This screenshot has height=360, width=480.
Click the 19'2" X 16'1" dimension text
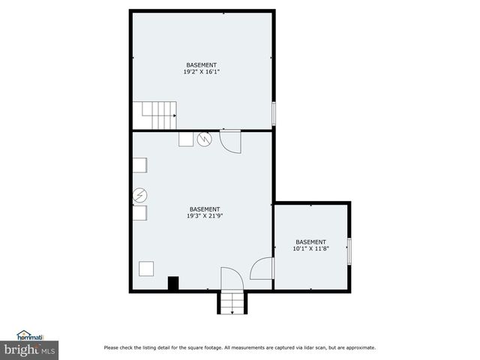202,72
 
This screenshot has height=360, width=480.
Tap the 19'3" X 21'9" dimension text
204,216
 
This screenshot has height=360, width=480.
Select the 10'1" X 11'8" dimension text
310,249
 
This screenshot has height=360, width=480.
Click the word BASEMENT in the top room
202,65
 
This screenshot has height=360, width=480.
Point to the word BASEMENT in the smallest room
310,241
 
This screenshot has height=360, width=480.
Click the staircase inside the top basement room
159,115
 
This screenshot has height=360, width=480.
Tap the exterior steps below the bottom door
232,303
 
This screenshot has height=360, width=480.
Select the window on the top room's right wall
274,113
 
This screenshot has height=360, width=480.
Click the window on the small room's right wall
349,250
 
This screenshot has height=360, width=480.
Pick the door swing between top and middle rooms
230,142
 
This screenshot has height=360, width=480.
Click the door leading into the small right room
262,269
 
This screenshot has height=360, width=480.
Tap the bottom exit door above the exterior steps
232,279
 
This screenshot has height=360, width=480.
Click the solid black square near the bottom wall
173,283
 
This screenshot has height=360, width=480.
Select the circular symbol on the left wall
139,196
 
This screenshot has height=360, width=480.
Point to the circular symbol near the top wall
205,139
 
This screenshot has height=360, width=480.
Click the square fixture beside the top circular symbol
186,139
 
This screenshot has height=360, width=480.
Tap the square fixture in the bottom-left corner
146,268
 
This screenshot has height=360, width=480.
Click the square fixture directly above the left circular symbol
140,165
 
